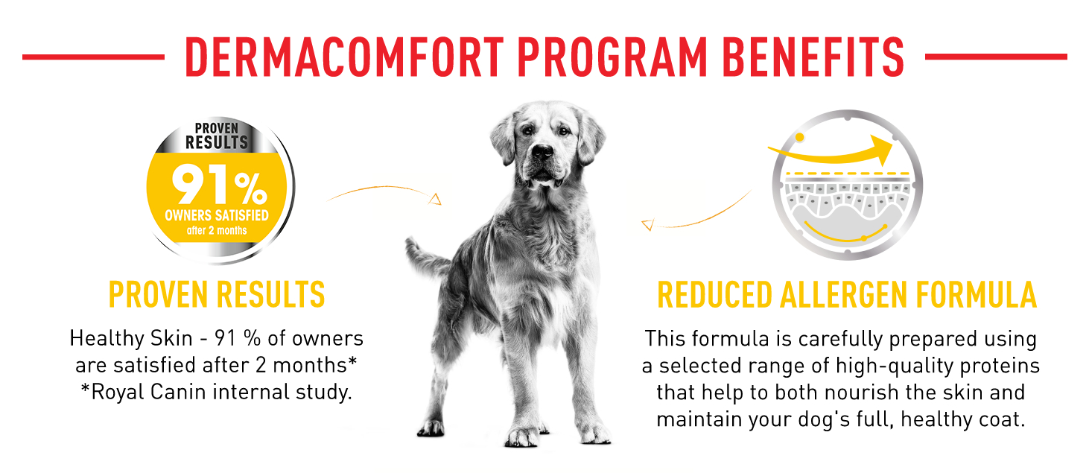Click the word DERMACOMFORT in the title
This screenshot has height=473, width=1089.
tap(344, 57)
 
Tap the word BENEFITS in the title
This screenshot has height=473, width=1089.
tap(813, 57)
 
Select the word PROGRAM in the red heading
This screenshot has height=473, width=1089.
tap(612, 57)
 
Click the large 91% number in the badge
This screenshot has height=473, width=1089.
tap(219, 184)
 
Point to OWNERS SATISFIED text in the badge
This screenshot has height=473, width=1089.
tap(217, 215)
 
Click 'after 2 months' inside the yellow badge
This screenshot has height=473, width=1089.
tap(217, 230)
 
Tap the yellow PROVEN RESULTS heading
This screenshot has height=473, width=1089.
tap(217, 294)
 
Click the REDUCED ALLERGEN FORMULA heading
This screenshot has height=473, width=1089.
tap(847, 294)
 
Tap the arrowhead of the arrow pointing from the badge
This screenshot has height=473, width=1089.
tap(435, 200)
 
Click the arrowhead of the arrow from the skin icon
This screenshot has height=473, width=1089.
tap(647, 225)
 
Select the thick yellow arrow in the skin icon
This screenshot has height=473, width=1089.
tap(831, 150)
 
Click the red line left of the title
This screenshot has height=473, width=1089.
tap(93, 57)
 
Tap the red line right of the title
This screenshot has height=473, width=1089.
tap(996, 57)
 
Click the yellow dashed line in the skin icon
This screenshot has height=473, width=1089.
tap(848, 173)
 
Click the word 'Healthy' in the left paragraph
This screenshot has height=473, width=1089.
tap(107, 339)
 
